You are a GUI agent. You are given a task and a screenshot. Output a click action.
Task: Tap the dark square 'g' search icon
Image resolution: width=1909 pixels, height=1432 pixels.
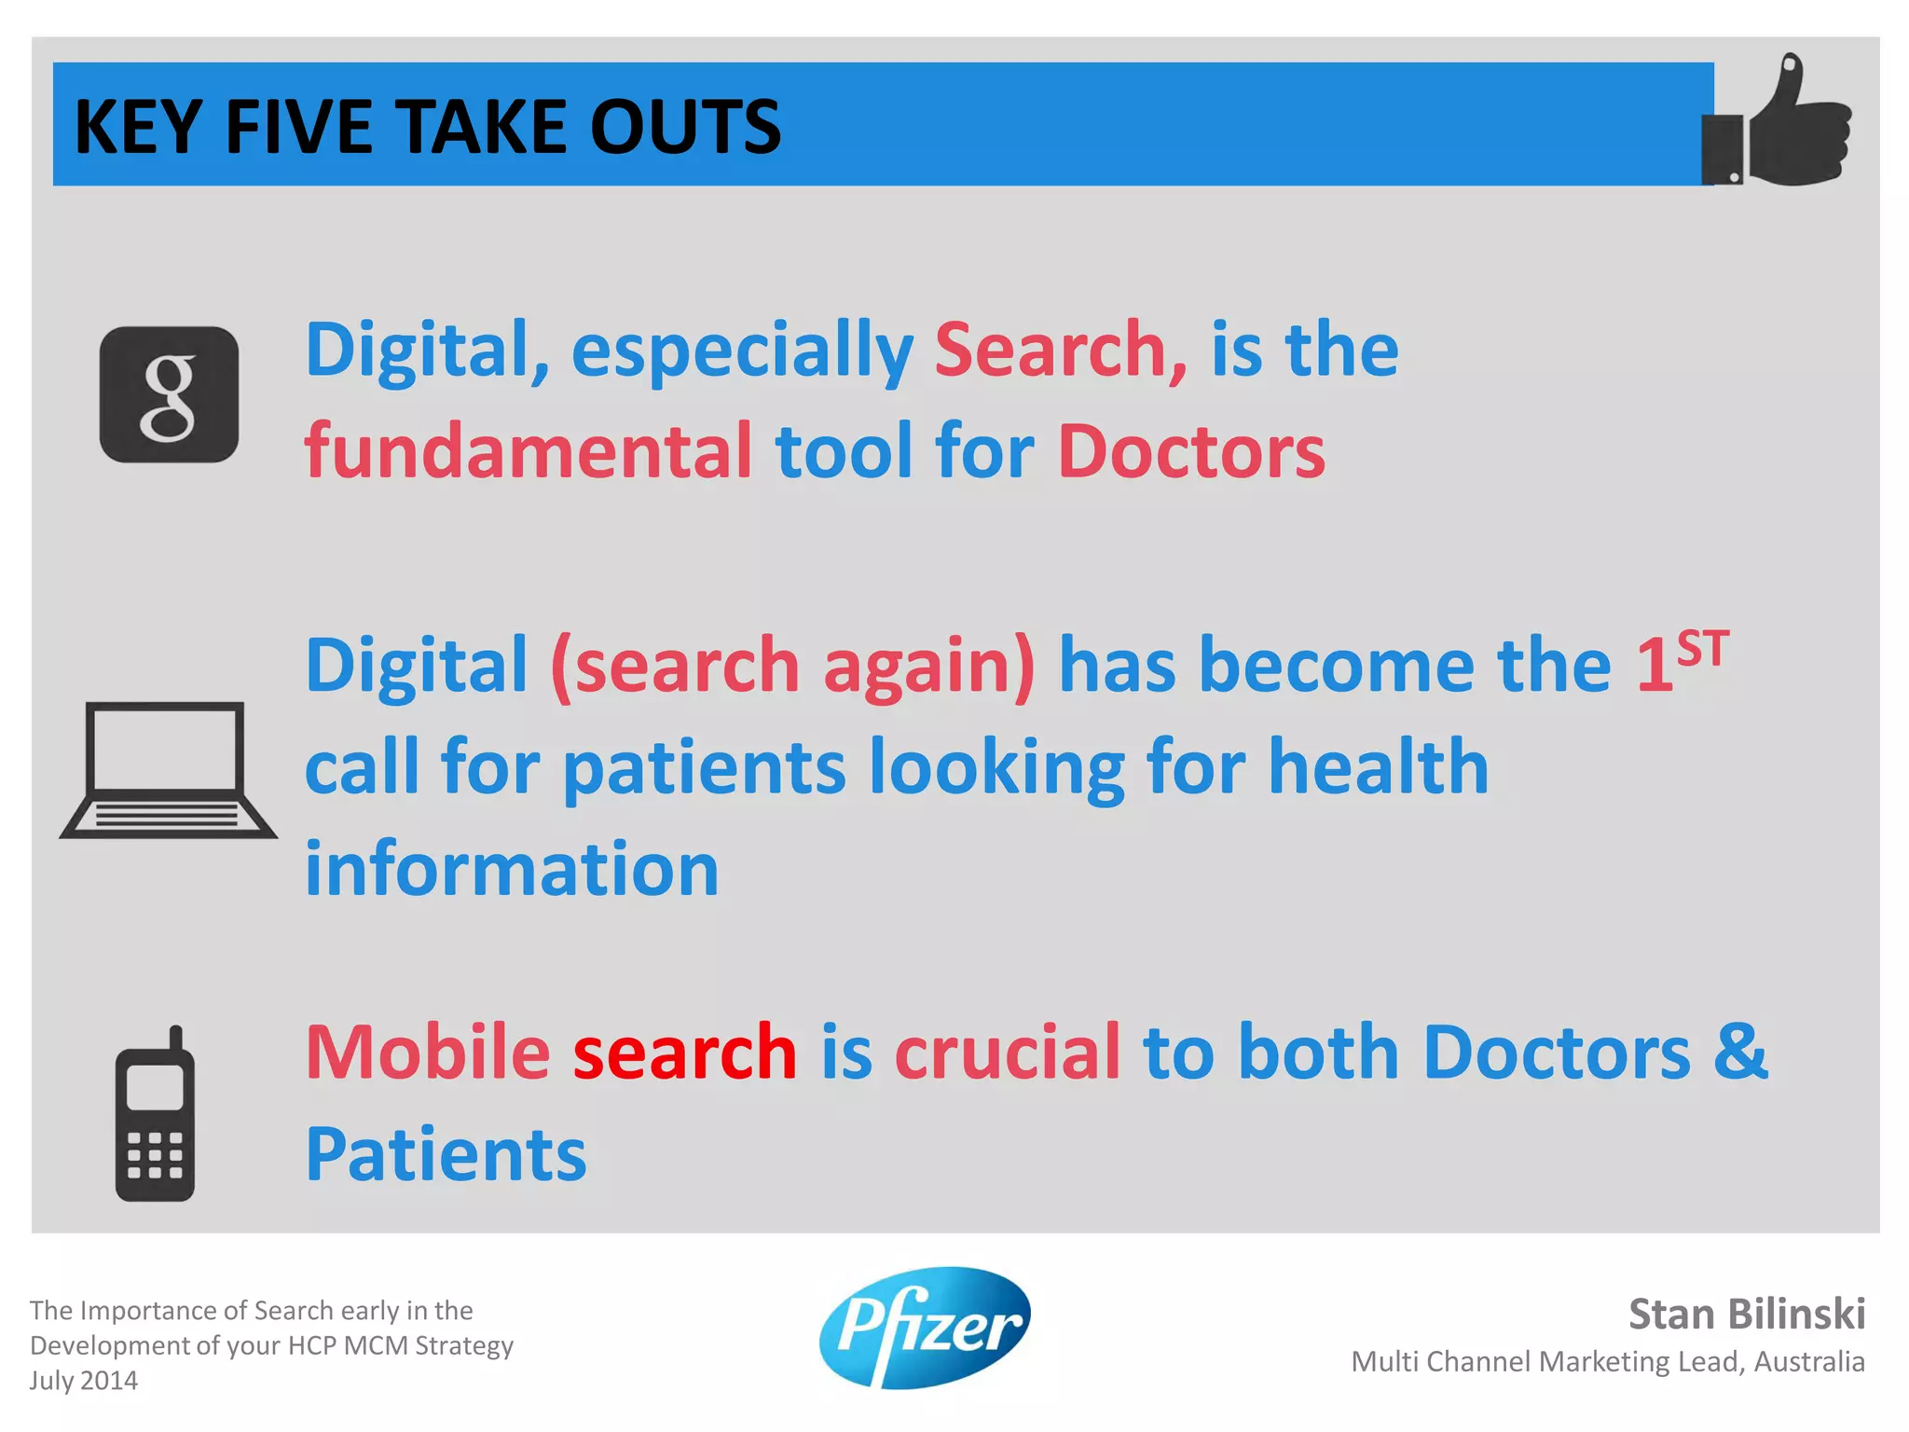click(x=169, y=394)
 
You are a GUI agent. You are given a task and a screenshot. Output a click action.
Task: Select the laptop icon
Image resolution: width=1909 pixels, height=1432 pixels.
click(x=168, y=770)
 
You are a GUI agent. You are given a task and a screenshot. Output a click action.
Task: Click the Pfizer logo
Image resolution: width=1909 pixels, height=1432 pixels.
click(x=926, y=1328)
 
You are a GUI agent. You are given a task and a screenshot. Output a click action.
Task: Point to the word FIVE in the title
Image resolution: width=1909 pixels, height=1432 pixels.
click(x=298, y=127)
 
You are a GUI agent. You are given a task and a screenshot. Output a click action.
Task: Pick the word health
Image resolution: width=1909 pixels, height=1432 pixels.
click(x=1379, y=767)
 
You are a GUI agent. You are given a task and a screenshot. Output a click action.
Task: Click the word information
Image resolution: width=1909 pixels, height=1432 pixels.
click(x=512, y=869)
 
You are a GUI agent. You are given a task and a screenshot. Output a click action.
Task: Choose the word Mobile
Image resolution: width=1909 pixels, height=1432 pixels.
click(x=428, y=1053)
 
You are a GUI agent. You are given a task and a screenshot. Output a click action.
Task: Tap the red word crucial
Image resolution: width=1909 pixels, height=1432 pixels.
click(x=1008, y=1053)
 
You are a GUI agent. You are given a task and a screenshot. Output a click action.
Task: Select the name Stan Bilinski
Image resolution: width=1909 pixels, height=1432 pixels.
click(x=1747, y=1315)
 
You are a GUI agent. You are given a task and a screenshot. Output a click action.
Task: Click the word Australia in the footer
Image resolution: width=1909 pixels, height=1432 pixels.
click(x=1809, y=1362)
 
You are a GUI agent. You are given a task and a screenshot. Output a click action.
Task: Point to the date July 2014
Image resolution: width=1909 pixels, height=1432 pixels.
click(x=84, y=1381)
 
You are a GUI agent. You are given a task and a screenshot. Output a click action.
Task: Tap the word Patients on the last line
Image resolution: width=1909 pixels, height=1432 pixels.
click(x=446, y=1155)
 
